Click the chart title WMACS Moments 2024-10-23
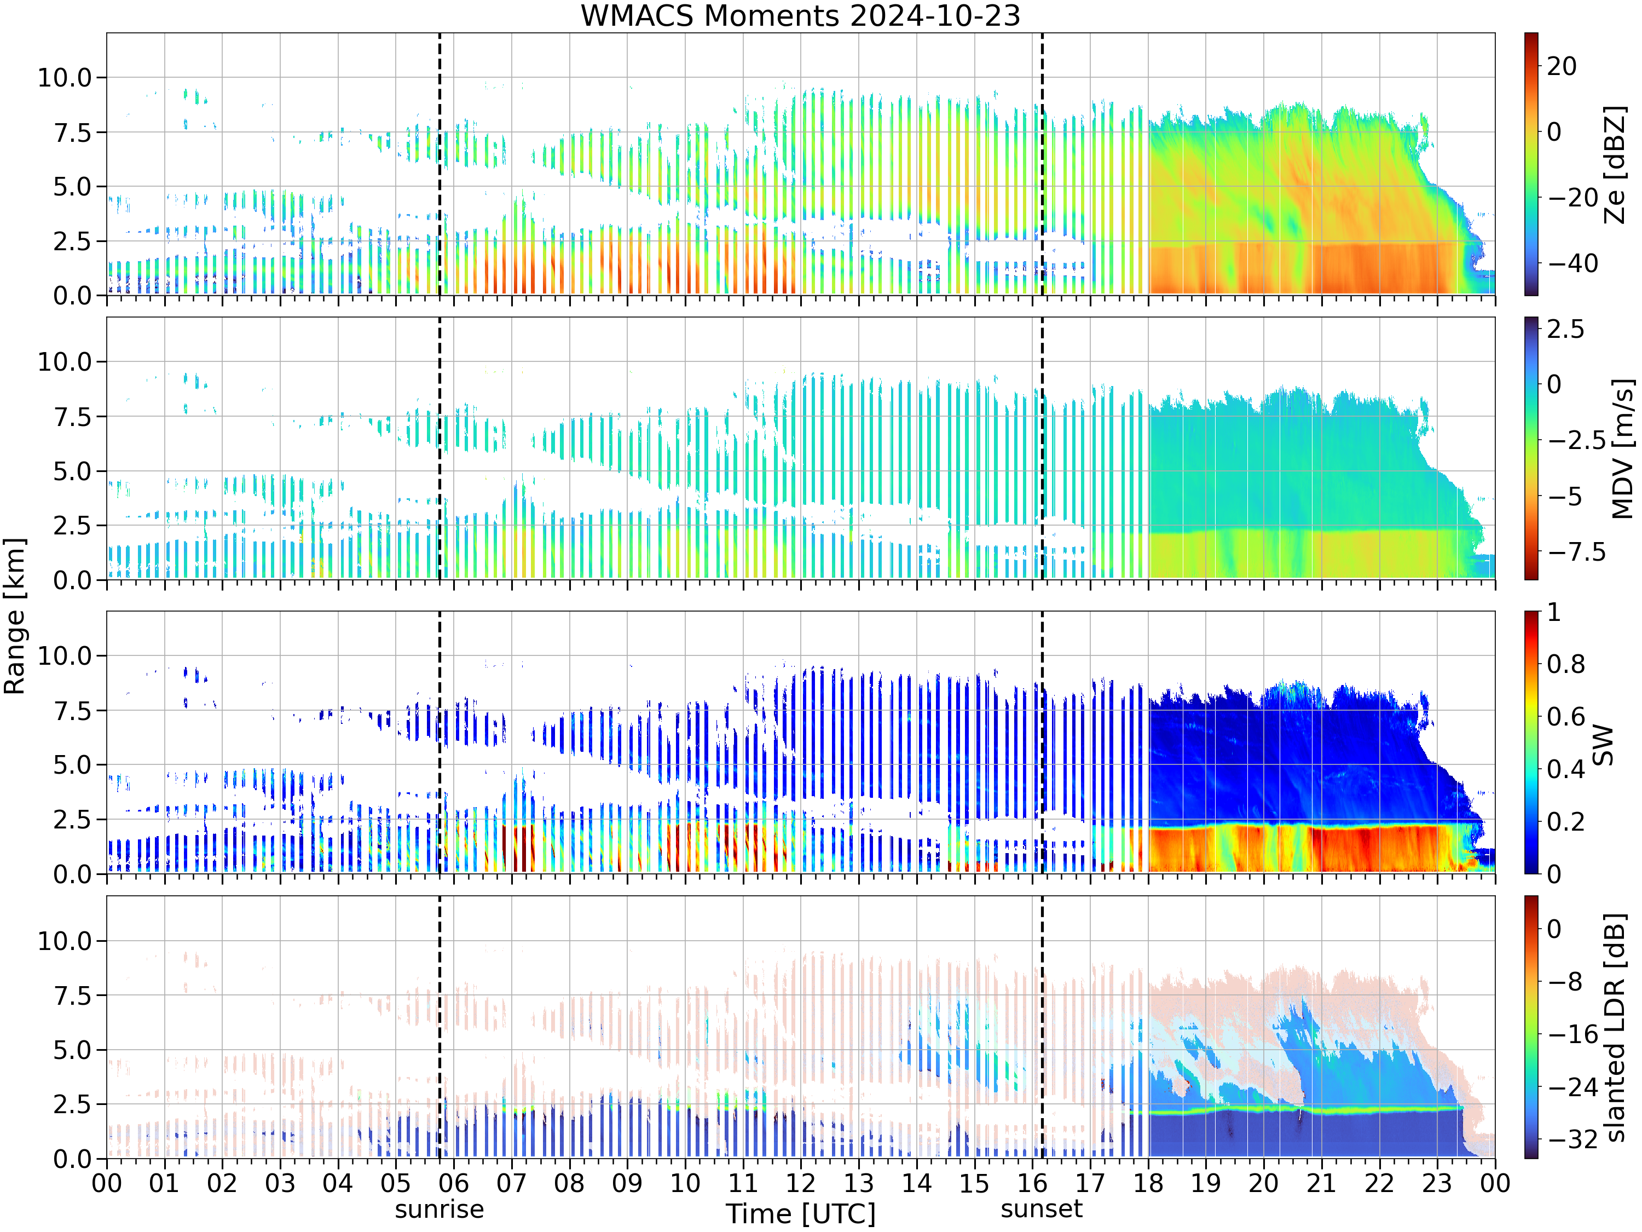coord(800,15)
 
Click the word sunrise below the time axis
coord(440,1209)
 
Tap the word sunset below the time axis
coord(1042,1208)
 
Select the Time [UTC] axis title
coord(801,1214)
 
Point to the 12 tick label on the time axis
coord(801,1182)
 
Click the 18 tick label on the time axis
coord(1148,1182)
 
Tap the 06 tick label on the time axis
coord(454,1182)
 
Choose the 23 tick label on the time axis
coord(1437,1182)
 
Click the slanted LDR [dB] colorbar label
coord(1615,1027)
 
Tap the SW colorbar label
coord(1603,744)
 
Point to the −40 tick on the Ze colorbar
coord(1573,263)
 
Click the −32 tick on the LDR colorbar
coord(1573,1138)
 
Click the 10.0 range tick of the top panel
coord(65,77)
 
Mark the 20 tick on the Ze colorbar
coord(1562,66)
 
